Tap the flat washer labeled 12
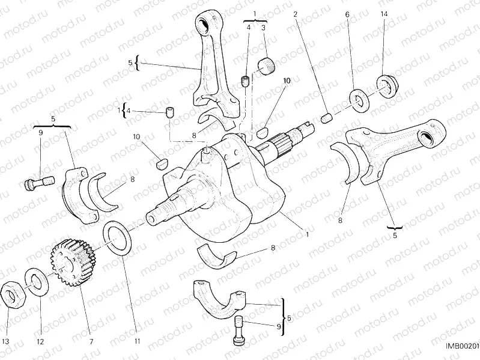tap(36, 282)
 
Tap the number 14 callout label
tap(384, 13)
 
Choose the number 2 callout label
tap(295, 13)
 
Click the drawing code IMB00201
tap(461, 346)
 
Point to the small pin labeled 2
tap(327, 118)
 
